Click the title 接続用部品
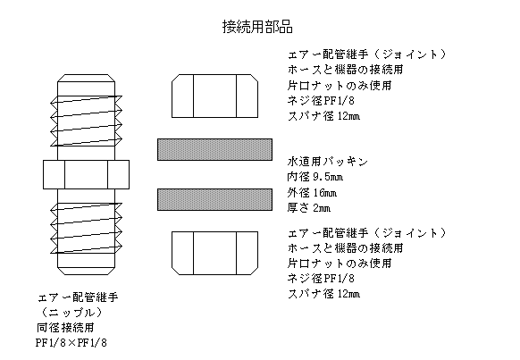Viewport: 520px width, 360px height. point(257,27)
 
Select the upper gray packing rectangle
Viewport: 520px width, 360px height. point(215,149)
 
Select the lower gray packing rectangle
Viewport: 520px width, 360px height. point(215,199)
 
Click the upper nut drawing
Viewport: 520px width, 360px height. point(215,96)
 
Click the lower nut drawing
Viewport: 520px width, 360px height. point(215,254)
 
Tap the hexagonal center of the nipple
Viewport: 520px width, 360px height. point(87,175)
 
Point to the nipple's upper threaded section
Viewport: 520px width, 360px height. point(87,121)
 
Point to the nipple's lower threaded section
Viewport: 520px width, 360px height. point(87,228)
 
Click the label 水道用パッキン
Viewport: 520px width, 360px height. point(328,162)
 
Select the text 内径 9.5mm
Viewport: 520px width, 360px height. point(315,177)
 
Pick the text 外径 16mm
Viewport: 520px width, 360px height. point(312,192)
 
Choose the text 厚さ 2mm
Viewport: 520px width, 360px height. point(309,208)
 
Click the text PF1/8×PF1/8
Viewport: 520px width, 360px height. point(71,342)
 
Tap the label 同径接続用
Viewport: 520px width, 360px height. point(65,328)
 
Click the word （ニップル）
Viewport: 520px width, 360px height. point(71,313)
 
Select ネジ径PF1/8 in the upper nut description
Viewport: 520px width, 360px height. point(321,100)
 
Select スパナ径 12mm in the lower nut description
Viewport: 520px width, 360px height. point(323,294)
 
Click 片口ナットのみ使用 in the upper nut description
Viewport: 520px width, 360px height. point(340,86)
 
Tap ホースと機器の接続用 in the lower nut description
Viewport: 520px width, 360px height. point(345,247)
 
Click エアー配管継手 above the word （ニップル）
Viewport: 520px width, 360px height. point(79,297)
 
